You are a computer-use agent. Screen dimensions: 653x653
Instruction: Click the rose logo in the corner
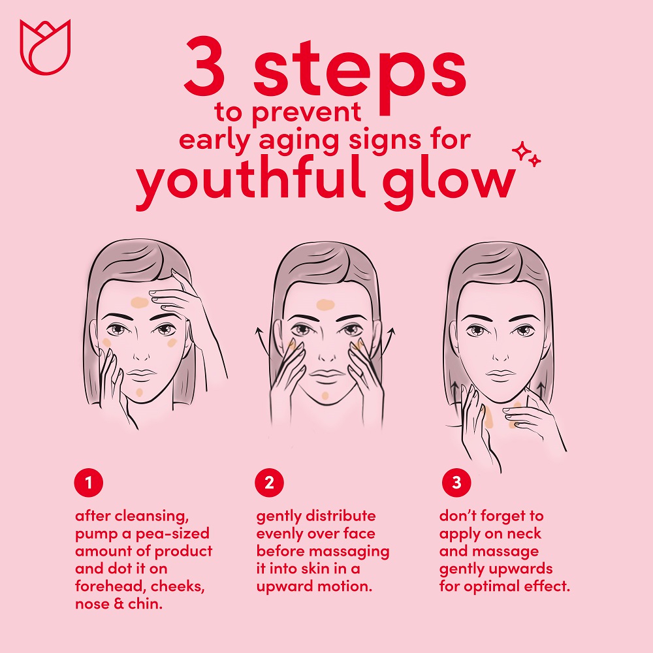tap(46, 47)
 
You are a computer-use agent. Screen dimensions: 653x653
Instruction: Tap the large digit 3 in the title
tap(205, 66)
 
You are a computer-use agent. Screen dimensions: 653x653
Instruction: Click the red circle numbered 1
tap(89, 483)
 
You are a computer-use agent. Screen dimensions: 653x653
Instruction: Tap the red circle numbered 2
tap(270, 483)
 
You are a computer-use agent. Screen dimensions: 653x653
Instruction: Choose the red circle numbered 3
tap(456, 483)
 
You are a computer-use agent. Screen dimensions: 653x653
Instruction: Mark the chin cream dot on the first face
tap(140, 392)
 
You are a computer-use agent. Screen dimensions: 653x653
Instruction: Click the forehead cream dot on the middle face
tap(326, 305)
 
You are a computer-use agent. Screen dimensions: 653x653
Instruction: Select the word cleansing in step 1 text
tap(151, 517)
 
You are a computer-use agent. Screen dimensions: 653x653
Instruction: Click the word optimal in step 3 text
tap(491, 587)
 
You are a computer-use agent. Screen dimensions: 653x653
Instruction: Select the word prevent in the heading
tap(306, 113)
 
